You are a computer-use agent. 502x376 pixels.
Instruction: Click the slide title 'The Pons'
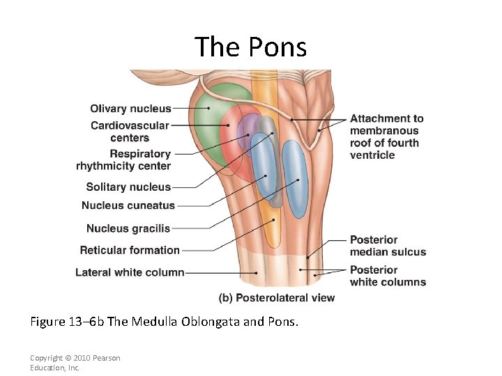250,47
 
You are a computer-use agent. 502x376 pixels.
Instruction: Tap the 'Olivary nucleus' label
130,109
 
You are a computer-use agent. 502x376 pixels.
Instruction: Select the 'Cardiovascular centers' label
130,132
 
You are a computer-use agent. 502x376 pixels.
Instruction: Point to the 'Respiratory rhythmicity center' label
124,159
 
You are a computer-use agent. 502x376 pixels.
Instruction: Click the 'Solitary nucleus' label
128,187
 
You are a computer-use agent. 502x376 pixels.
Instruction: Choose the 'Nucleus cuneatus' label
128,205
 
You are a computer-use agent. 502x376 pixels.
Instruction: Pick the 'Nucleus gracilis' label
128,228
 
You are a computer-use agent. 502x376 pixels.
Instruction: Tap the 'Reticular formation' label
130,250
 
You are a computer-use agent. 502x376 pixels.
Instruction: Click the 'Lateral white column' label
130,272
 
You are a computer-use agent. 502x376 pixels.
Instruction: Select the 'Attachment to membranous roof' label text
386,137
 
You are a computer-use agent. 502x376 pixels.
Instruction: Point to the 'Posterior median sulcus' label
388,246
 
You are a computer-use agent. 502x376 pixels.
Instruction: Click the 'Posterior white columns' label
388,276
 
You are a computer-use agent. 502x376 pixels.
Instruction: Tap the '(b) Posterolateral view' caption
277,298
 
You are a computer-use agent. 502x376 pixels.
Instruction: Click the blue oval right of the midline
295,178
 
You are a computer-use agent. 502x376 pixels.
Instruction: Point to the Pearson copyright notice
75,363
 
